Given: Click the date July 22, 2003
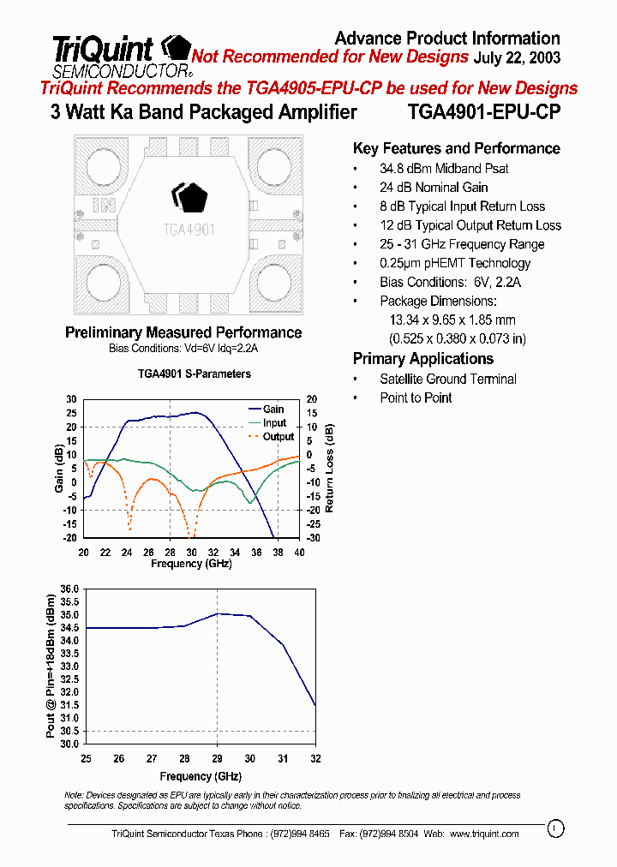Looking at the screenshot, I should pos(517,57).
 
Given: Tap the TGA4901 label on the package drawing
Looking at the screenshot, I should pos(189,230).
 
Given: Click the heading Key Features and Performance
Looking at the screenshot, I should pos(456,148).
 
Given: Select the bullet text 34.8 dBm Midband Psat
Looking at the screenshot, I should pos(444,169).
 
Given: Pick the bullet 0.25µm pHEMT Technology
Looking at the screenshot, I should pos(455,263).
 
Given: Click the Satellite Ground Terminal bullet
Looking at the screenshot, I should pos(447,379).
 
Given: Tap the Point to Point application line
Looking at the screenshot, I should pos(416,398).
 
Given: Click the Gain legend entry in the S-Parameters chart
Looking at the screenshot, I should pos(273,410).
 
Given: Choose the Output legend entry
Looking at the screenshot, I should pos(278,437).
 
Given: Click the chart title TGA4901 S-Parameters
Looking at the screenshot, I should pos(195,374).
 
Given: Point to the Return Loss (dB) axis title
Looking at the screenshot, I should pos(330,468).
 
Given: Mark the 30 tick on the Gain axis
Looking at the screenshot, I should pos(72,399).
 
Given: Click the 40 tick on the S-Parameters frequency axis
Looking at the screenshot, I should pos(298,553).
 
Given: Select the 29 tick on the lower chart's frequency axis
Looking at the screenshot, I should pos(217,759).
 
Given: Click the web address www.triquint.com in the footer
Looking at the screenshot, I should pos(484,834).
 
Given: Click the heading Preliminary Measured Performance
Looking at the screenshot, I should pos(183,332).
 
